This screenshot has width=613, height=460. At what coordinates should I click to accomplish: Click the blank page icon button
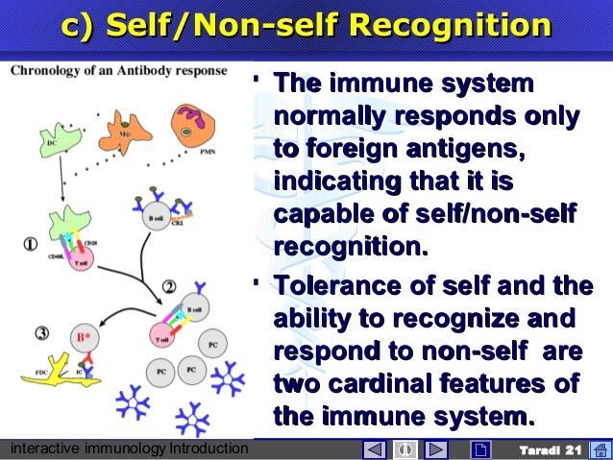[481, 449]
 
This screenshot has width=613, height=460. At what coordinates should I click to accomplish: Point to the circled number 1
[31, 243]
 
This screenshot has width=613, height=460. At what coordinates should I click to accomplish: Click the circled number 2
[168, 285]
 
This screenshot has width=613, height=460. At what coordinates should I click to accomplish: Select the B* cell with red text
[84, 337]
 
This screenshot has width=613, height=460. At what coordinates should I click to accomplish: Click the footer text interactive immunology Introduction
[125, 449]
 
